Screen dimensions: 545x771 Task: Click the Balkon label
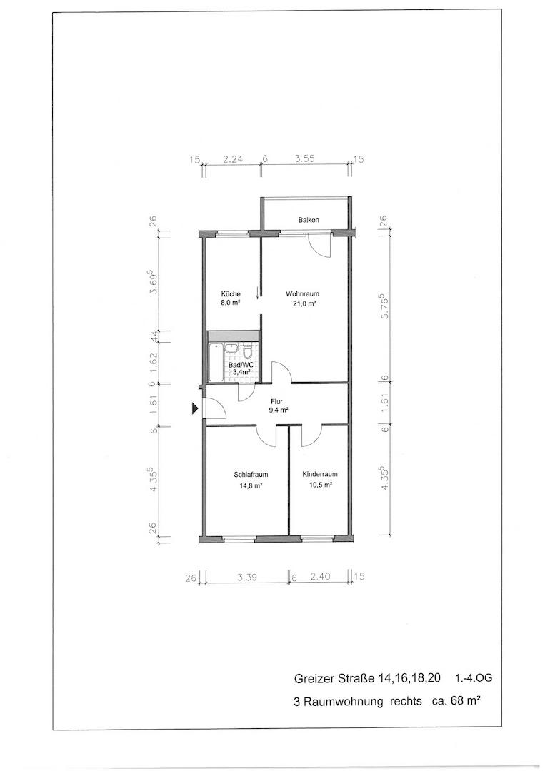pos(309,220)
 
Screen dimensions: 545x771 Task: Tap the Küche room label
pos(230,293)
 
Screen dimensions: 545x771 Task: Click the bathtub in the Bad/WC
pos(216,362)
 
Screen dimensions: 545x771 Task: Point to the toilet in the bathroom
pos(248,351)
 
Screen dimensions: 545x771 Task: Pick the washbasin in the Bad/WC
pos(231,348)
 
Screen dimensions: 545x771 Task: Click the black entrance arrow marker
pos(195,408)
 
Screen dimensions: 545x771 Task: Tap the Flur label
pos(276,401)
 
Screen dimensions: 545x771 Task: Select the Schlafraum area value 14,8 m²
pos(251,485)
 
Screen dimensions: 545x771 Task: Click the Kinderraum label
pos(320,475)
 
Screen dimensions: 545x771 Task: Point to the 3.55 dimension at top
pos(304,158)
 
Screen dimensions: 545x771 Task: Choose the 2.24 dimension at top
pos(233,158)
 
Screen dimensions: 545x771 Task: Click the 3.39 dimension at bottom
pos(247,578)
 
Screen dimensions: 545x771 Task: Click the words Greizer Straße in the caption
pos(334,679)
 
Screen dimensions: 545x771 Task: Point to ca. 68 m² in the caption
pos(456,701)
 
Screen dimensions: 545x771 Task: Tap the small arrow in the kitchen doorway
pos(258,293)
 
